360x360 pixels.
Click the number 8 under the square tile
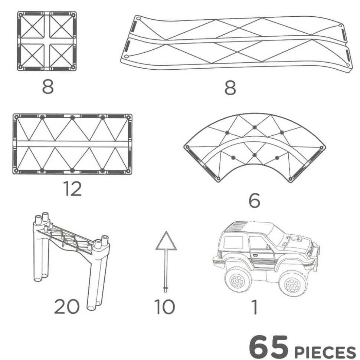48,86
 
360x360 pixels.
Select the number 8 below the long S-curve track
230,88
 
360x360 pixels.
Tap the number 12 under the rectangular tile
73,189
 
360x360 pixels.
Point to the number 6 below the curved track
255,201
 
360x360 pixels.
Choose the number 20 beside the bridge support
67,307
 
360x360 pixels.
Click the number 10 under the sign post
164,307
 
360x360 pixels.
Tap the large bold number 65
268,347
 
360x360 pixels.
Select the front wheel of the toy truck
293,284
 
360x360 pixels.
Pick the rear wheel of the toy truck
238,280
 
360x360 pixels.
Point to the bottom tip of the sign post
166,291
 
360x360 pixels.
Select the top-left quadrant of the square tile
32,26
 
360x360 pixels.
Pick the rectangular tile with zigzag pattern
72,144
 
